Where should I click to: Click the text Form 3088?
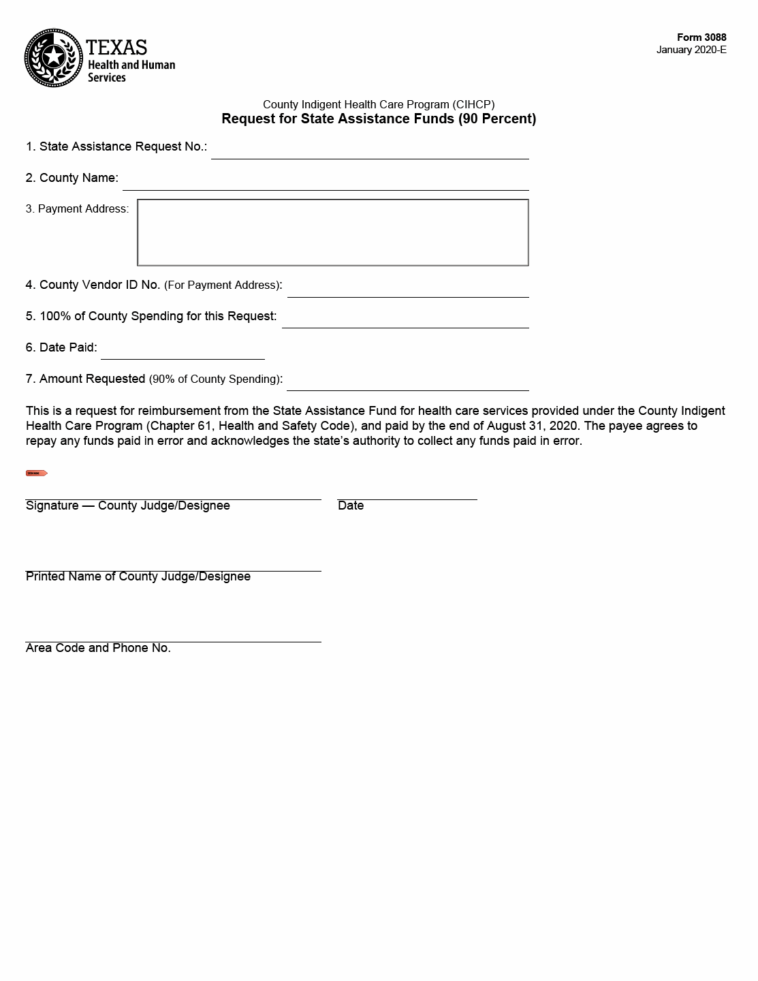(x=701, y=37)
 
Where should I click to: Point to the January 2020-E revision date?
(x=691, y=50)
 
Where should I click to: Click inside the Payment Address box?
(x=332, y=232)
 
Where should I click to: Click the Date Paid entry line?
(x=182, y=352)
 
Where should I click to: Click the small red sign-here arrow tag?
(x=36, y=473)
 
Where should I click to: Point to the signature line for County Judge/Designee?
(x=173, y=493)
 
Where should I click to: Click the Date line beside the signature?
(x=407, y=493)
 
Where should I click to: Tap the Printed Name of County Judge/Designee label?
(x=138, y=577)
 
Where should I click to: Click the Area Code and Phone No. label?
(x=98, y=648)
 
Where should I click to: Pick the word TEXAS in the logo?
(x=116, y=47)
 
